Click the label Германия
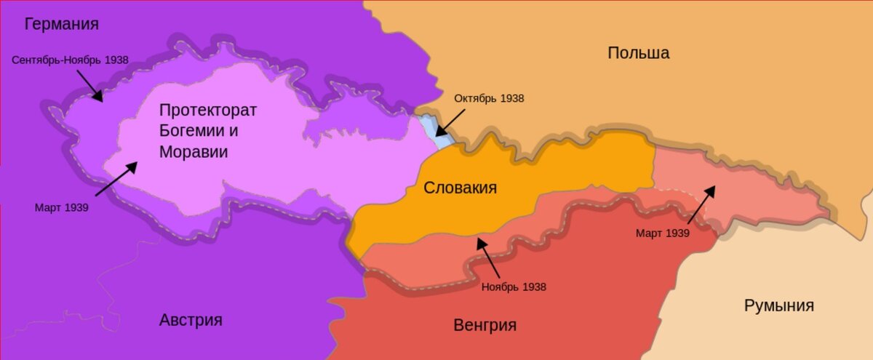[62, 24]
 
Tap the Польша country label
[638, 53]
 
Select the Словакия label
[460, 188]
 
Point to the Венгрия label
[485, 325]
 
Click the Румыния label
[778, 305]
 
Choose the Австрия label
[191, 320]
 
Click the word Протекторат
[208, 111]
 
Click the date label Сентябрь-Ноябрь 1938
[70, 60]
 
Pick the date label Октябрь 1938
[489, 98]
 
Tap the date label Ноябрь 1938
[514, 287]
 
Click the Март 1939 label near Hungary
[662, 233]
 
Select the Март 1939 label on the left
[62, 207]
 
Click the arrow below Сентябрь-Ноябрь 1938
[90, 87]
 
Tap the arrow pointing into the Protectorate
[116, 178]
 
